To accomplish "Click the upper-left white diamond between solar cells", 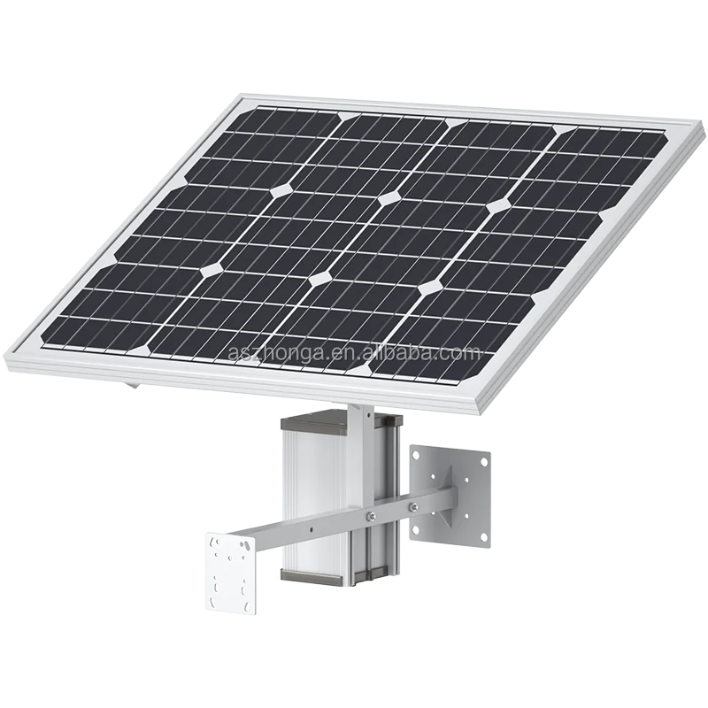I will (283, 188).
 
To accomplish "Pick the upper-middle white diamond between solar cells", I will (388, 198).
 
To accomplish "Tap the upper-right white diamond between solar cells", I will (498, 206).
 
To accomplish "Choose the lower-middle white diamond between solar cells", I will (319, 279).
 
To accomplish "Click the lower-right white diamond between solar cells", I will (431, 288).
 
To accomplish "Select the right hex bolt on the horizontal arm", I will (412, 508).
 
